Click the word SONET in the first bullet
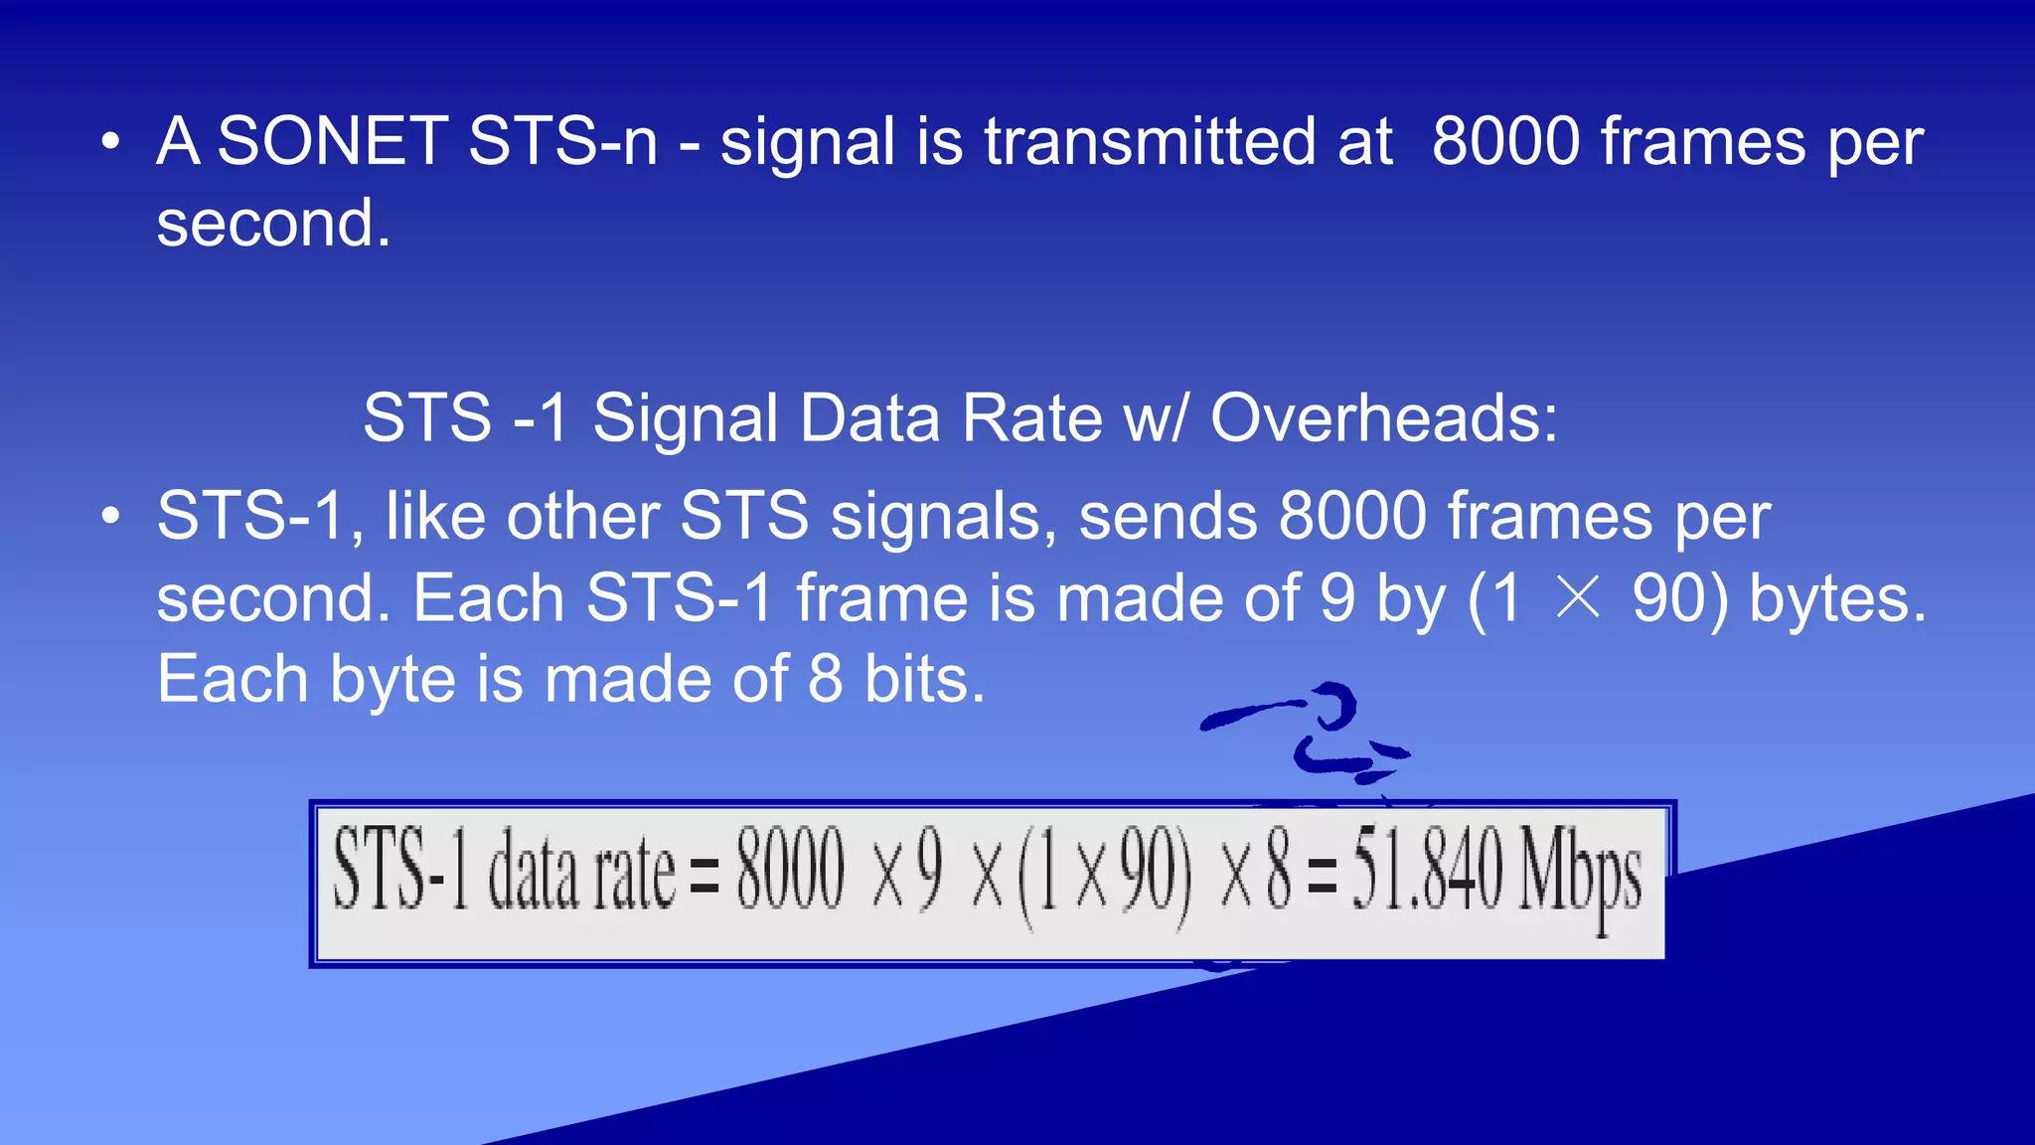point(332,141)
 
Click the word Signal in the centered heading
point(686,417)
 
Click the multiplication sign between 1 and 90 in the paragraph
point(1578,597)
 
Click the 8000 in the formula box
point(790,871)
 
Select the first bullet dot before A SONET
point(111,142)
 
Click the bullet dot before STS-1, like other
point(111,517)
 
